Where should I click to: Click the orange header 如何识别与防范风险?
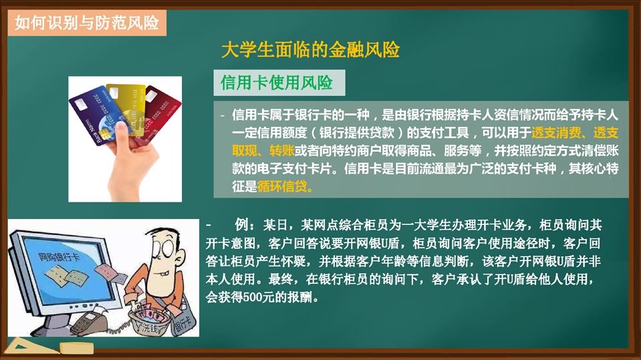87,23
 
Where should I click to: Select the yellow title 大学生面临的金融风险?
310,50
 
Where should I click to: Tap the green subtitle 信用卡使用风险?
277,83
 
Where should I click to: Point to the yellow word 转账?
282,151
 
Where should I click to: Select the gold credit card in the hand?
128,107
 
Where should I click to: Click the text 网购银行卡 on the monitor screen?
59,257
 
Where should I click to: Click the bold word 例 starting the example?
241,224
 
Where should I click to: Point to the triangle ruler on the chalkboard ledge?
28,346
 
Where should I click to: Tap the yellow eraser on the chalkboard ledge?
77,348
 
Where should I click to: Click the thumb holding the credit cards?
122,133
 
